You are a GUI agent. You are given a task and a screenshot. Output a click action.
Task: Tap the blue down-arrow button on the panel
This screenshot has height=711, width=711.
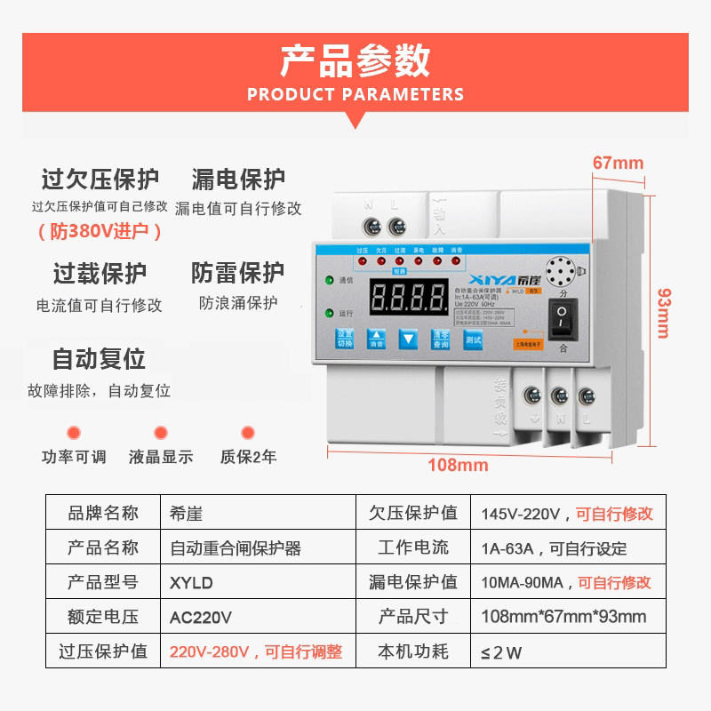[x=407, y=339]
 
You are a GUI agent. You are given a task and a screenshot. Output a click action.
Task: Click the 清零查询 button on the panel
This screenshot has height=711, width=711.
[x=440, y=339]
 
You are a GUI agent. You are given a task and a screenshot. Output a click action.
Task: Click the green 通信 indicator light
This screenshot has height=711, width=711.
[x=329, y=281]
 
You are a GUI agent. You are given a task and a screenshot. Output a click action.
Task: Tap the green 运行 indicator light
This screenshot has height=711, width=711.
[x=329, y=313]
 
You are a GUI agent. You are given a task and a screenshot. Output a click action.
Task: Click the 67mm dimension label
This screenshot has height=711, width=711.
[x=618, y=163]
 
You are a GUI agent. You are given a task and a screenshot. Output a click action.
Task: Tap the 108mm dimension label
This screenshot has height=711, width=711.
[x=459, y=465]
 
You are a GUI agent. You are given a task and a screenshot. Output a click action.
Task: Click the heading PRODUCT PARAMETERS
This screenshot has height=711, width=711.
[x=355, y=94]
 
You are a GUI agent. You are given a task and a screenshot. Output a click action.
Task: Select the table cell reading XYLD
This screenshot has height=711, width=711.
[x=191, y=583]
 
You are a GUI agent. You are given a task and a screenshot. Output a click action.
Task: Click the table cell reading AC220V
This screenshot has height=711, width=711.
[x=201, y=617]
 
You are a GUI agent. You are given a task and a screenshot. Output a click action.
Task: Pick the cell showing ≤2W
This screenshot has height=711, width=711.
[x=501, y=652]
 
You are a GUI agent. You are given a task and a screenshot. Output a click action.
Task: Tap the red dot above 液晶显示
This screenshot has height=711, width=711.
[x=161, y=433]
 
